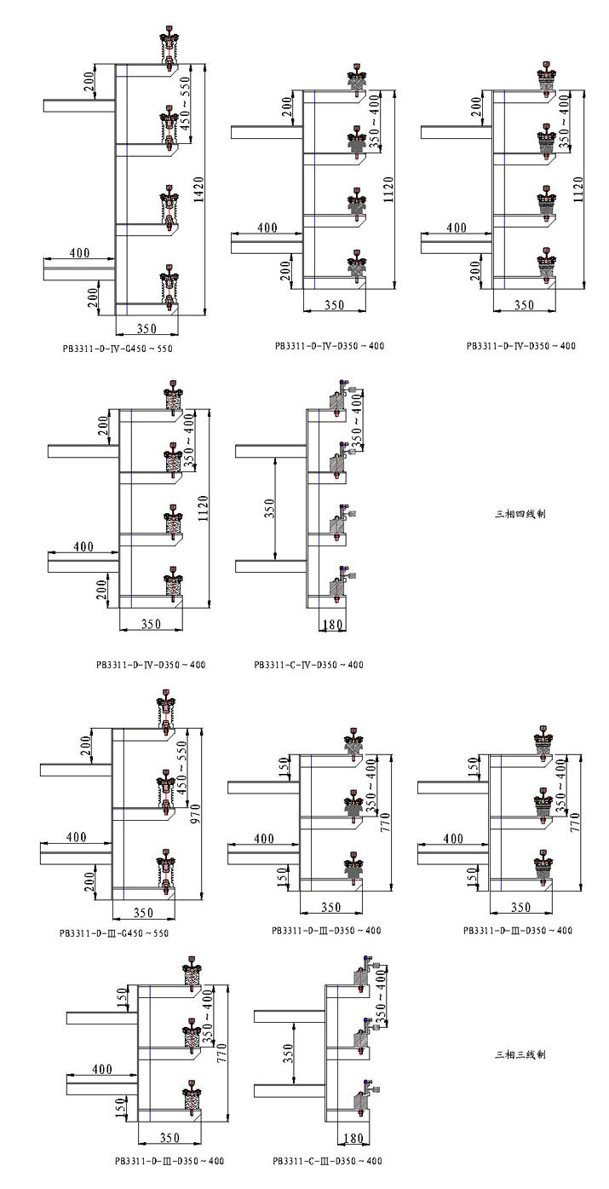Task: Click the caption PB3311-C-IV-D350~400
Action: [x=308, y=665]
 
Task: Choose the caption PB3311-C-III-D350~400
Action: [x=327, y=1161]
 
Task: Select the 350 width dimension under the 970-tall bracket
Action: [x=143, y=913]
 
